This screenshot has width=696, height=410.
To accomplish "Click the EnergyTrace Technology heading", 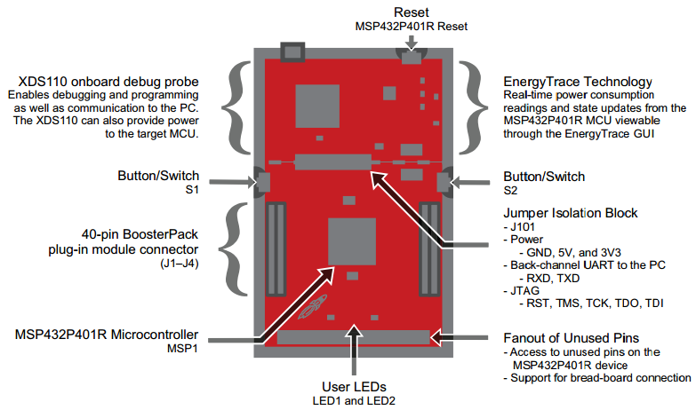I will tap(577, 82).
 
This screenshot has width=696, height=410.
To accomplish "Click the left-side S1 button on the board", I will tap(263, 182).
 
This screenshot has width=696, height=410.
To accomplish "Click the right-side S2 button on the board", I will tap(444, 182).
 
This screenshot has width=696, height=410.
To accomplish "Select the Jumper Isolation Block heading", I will tap(570, 213).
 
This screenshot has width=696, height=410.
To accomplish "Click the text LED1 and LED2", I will tap(356, 400).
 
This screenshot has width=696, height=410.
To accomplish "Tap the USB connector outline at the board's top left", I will tap(294, 51).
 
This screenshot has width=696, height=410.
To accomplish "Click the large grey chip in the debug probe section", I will tap(318, 102).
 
